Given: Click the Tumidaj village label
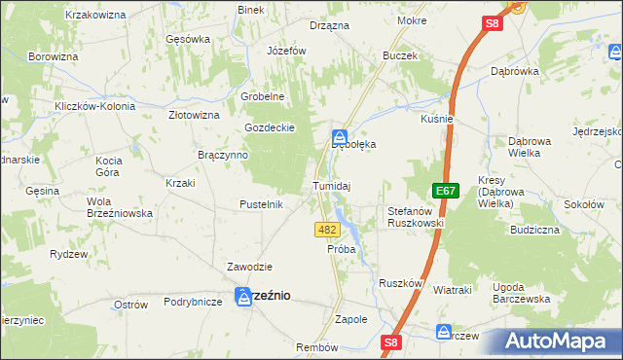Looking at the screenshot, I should (x=331, y=185).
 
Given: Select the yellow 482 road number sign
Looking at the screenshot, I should (x=327, y=230).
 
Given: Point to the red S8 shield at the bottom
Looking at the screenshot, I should (x=390, y=342).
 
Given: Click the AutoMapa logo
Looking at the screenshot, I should (x=564, y=342).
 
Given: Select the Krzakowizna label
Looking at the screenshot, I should (x=96, y=16).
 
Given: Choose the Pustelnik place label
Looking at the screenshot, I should (x=261, y=204).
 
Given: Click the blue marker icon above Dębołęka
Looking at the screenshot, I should (x=340, y=137).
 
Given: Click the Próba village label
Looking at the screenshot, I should (x=341, y=249).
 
